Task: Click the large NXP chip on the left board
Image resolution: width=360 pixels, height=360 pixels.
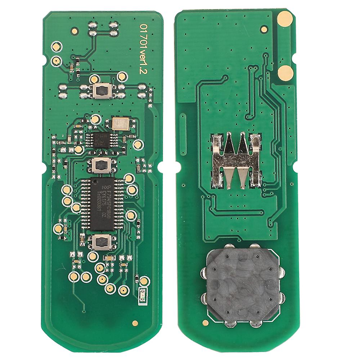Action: point(103,203)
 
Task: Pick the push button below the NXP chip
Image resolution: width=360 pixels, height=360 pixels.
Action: point(102,242)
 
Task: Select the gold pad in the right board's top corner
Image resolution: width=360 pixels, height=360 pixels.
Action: point(285,18)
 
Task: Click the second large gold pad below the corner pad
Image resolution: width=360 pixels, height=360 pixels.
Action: point(285,73)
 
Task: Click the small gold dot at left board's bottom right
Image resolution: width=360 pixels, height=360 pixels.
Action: point(135,323)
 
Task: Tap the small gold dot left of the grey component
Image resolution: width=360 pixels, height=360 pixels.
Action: point(206,323)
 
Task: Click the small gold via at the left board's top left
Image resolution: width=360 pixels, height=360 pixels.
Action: point(75,31)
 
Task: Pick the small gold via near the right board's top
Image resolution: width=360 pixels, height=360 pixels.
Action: point(264,29)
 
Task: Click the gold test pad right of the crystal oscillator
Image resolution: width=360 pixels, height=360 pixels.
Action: point(138,145)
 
